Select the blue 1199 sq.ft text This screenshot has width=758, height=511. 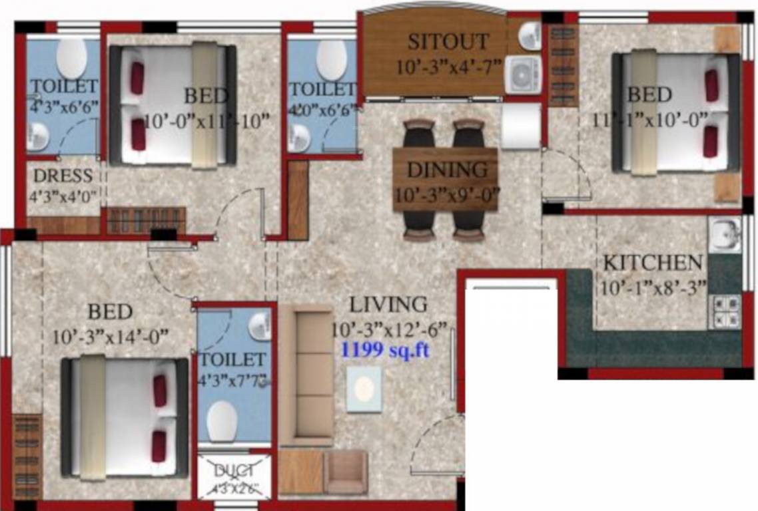[385, 351]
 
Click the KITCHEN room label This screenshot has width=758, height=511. [652, 263]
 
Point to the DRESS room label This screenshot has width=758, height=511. [63, 177]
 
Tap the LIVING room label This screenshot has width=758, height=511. [389, 305]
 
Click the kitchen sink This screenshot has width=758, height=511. [724, 234]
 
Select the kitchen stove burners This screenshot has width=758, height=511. [725, 310]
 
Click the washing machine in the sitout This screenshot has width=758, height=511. [522, 74]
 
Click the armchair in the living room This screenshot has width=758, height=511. [346, 472]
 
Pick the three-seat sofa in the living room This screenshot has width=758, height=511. [306, 376]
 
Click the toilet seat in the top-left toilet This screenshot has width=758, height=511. [71, 59]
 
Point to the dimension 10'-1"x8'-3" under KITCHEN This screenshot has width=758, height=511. [652, 289]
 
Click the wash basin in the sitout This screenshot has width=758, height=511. [530, 35]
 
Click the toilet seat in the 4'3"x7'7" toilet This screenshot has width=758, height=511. [222, 420]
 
